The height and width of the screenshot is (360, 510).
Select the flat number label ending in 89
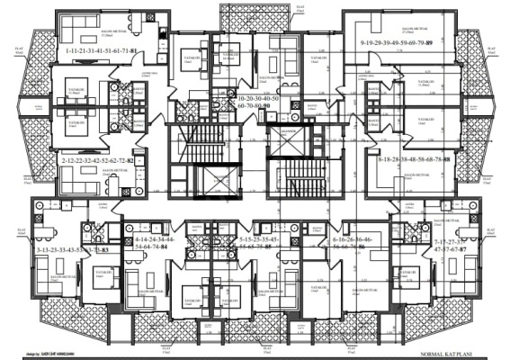(x=402, y=43)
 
